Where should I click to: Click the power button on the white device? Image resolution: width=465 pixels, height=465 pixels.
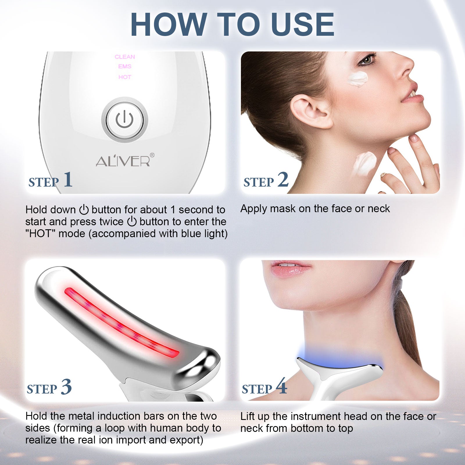[x=125, y=120]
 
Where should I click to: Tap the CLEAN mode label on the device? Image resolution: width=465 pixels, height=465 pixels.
[x=125, y=57]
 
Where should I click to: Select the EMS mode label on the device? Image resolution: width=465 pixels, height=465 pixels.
[x=125, y=67]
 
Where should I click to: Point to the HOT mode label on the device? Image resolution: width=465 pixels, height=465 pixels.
[x=125, y=77]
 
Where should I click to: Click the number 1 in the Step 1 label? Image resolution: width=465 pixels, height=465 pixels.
[x=68, y=179]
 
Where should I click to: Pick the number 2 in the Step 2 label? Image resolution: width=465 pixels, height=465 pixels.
[x=283, y=179]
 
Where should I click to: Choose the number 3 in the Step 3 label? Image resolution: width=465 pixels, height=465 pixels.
[x=66, y=387]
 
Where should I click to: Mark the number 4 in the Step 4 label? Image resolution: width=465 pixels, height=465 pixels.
[x=281, y=386]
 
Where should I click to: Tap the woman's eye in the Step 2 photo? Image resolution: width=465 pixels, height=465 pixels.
[x=367, y=60]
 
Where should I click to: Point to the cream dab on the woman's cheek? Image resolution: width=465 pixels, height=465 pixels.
[x=358, y=78]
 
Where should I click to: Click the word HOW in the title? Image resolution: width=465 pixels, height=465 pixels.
[x=169, y=24]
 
